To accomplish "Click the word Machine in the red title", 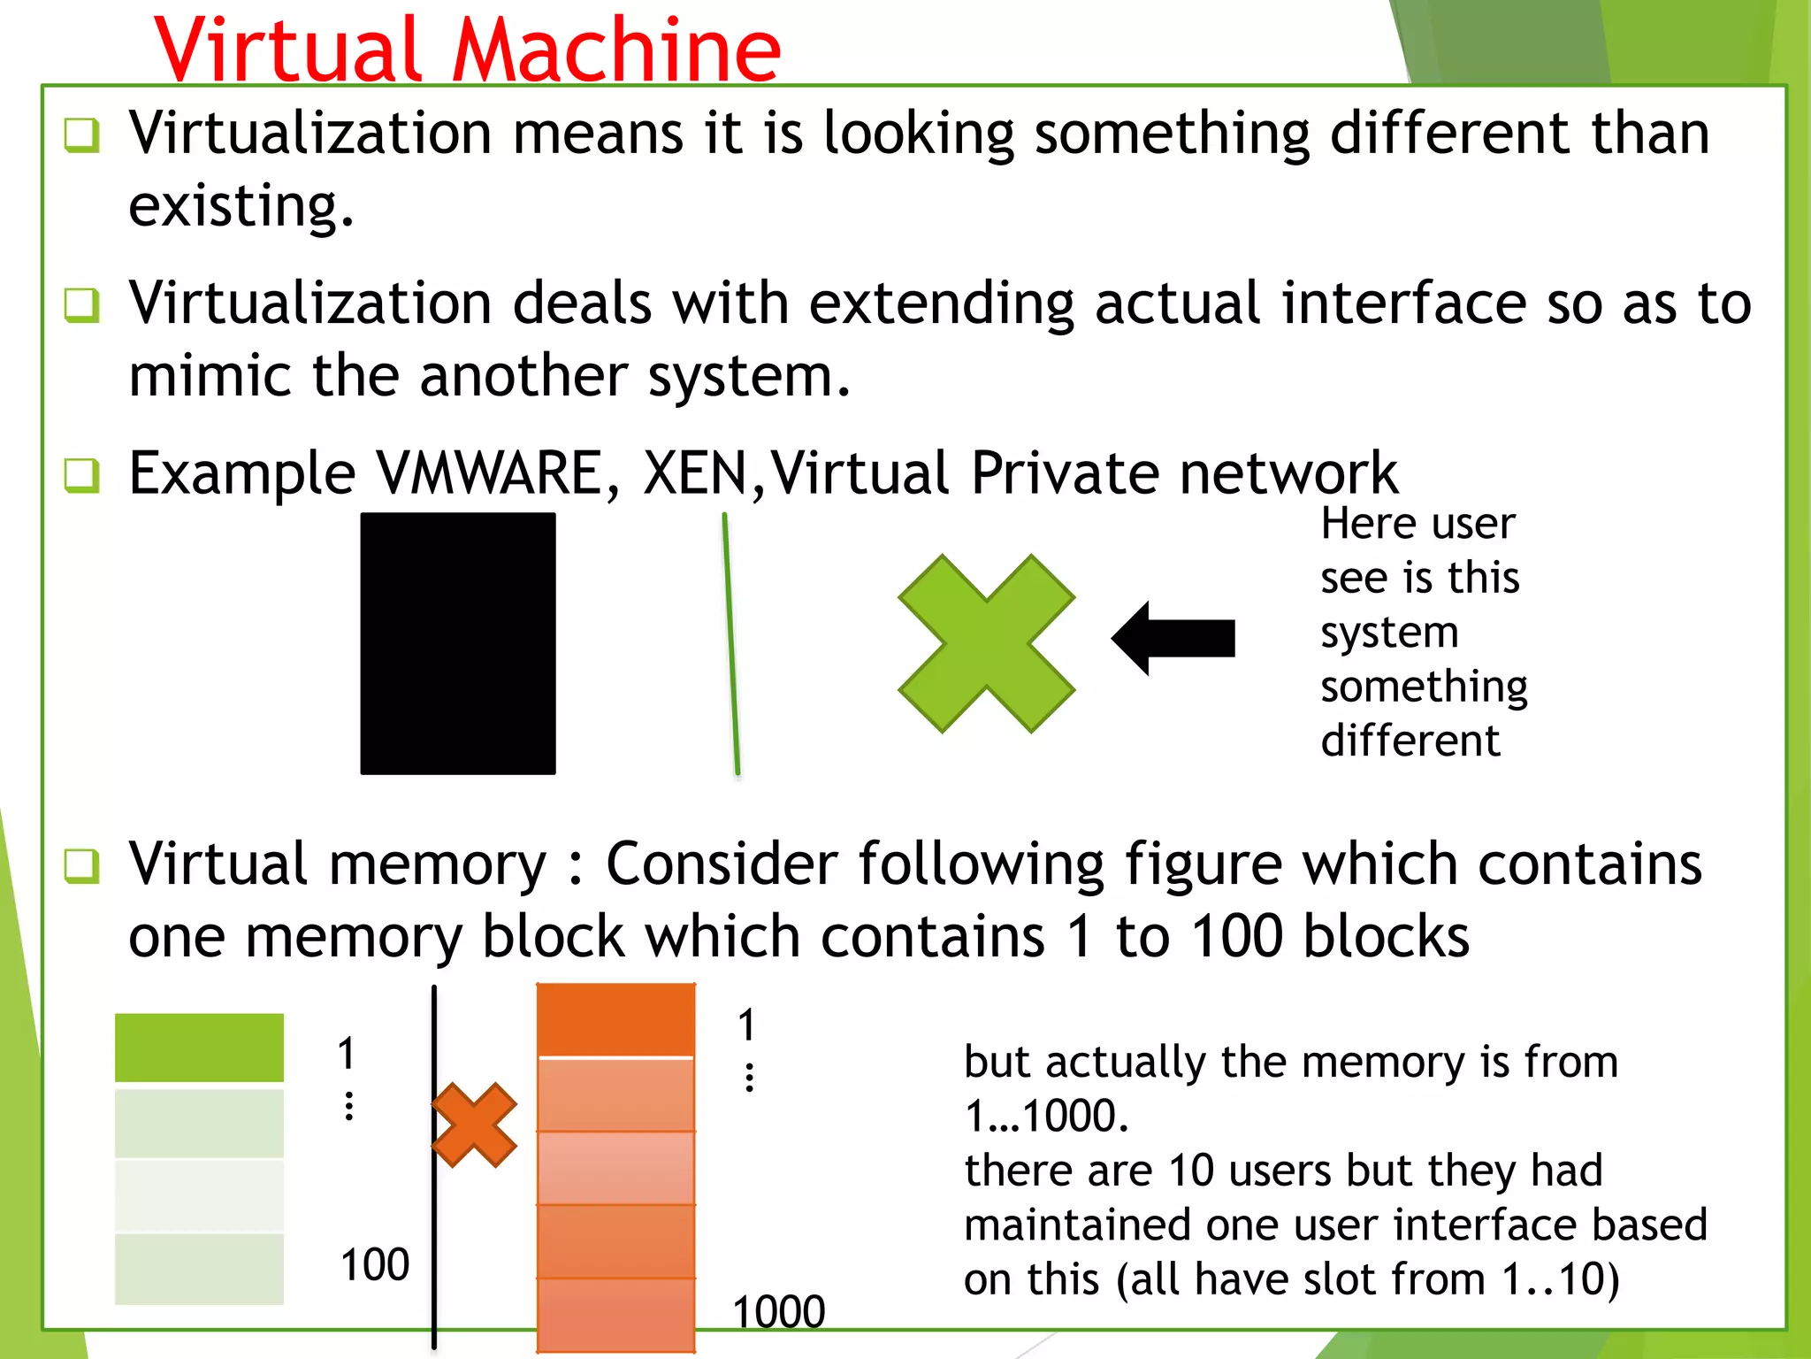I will [x=616, y=51].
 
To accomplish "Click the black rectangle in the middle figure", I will [x=458, y=643].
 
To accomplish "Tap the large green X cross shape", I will [x=986, y=643].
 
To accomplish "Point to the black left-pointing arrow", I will [x=1173, y=638].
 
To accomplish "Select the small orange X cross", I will [x=475, y=1125].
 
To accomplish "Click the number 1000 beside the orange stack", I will [x=779, y=1310].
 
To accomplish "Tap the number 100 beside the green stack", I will [x=375, y=1264].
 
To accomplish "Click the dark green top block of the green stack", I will [x=199, y=1048].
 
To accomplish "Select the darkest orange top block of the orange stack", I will [x=615, y=1019].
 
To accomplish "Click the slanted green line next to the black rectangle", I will [x=731, y=643].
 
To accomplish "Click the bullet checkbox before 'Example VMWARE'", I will [x=82, y=475].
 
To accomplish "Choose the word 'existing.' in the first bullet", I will [x=241, y=205].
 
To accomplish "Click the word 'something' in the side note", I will [x=1424, y=687].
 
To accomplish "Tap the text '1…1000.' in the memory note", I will [x=1046, y=1116].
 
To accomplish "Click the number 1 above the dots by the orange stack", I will [x=747, y=1025].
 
